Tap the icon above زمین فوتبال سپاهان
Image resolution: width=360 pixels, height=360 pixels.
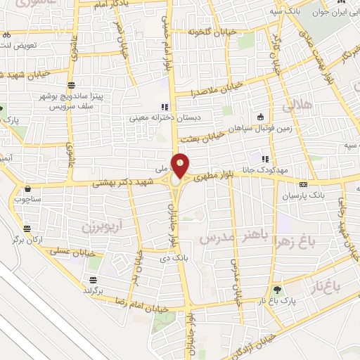pyautogui.click(x=261, y=117)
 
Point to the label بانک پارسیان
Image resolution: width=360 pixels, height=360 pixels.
pyautogui.click(x=300, y=196)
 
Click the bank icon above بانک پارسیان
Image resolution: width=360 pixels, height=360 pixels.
pyautogui.click(x=303, y=184)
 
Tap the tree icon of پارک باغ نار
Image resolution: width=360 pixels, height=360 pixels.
pyautogui.click(x=278, y=290)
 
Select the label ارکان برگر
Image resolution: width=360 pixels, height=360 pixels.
pyautogui.click(x=48, y=239)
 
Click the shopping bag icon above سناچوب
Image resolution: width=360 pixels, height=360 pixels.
pyautogui.click(x=27, y=188)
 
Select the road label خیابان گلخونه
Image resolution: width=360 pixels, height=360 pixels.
pyautogui.click(x=210, y=32)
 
